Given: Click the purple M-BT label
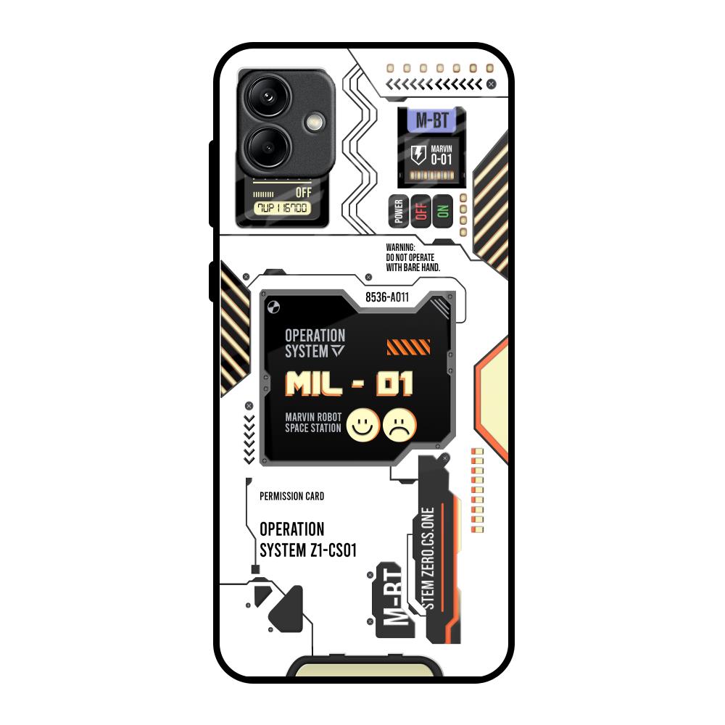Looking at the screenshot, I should click(430, 120).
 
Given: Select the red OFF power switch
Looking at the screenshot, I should click(421, 211).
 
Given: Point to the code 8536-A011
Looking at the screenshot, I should click(387, 297).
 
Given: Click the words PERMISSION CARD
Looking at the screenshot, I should click(291, 497).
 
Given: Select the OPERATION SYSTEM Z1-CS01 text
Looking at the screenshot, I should click(307, 540).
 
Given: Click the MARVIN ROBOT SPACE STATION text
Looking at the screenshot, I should click(313, 423).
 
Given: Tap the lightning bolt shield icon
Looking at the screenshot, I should click(418, 154).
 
